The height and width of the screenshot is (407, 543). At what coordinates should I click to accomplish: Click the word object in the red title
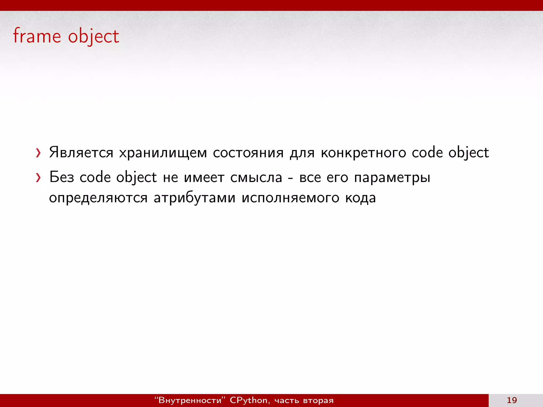[93, 37]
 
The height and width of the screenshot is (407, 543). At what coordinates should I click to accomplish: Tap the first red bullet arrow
[38, 153]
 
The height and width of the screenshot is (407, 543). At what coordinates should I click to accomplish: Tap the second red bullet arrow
[38, 178]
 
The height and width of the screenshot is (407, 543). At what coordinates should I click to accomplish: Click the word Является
[81, 153]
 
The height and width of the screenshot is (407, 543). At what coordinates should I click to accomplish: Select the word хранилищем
[163, 153]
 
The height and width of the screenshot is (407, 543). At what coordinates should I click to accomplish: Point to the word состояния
[248, 153]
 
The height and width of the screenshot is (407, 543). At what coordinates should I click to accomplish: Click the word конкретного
[363, 153]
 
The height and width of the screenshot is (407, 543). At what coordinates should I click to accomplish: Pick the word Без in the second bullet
[62, 177]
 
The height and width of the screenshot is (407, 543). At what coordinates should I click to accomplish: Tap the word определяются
[98, 198]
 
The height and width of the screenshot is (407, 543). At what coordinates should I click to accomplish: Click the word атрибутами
[194, 198]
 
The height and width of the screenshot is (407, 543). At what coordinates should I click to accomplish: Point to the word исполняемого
[290, 198]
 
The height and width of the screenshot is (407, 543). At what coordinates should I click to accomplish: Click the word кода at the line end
[360, 198]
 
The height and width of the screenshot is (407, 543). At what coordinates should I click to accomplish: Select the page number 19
[512, 400]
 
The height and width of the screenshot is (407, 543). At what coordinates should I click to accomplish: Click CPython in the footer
[249, 400]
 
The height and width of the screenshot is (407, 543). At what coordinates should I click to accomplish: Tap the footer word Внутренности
[190, 400]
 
